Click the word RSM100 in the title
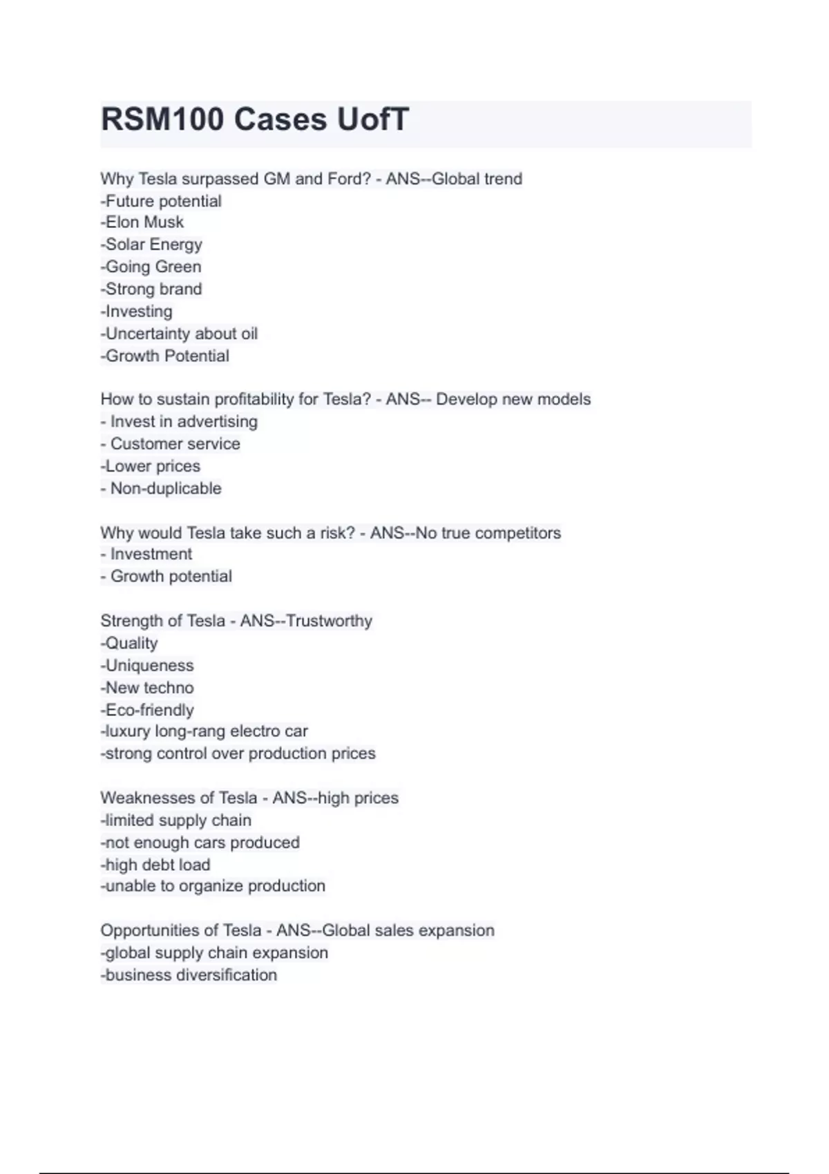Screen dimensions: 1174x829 click(x=162, y=119)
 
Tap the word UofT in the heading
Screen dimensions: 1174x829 click(x=372, y=119)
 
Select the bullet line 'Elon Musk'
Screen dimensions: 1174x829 click(x=144, y=222)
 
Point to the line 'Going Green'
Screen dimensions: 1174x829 click(x=153, y=267)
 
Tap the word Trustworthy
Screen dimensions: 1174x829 click(x=329, y=621)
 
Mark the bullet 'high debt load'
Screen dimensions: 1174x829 click(x=157, y=865)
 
